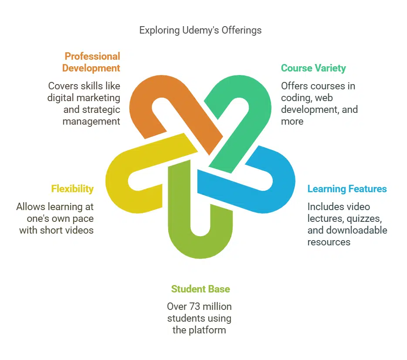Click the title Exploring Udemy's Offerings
(200, 30)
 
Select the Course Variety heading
(313, 68)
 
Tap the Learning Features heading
(347, 189)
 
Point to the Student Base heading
(200, 289)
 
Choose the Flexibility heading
(72, 189)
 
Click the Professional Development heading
(91, 62)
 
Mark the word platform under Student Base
(207, 330)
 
